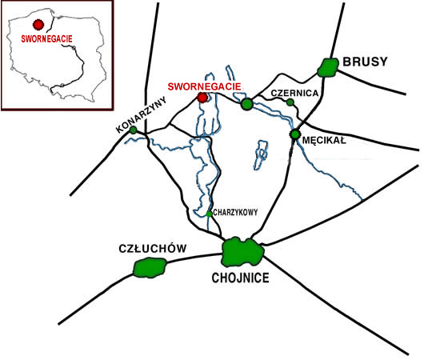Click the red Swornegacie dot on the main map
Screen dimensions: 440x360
(202, 98)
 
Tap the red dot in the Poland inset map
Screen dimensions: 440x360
(38, 25)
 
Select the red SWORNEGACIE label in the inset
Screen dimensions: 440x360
(46, 38)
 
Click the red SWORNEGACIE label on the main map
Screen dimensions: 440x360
(204, 86)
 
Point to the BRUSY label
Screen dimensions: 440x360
(365, 62)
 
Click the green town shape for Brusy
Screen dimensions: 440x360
(328, 67)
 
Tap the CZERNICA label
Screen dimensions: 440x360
(294, 93)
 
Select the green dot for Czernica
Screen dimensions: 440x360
(290, 102)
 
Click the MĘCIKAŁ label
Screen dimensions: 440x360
(324, 140)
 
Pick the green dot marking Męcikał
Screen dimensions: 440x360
(295, 134)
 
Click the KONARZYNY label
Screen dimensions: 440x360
(142, 114)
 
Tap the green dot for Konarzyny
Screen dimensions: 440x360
(134, 130)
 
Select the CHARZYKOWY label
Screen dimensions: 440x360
(235, 213)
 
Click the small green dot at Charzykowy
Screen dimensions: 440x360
(209, 214)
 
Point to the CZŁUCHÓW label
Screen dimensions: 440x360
(153, 249)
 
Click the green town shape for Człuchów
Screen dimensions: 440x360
(150, 268)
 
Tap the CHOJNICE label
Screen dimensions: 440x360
(241, 278)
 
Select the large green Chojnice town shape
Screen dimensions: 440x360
(242, 252)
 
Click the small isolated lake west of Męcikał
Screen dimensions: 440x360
(262, 154)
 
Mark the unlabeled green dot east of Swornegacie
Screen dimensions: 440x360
(247, 104)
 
